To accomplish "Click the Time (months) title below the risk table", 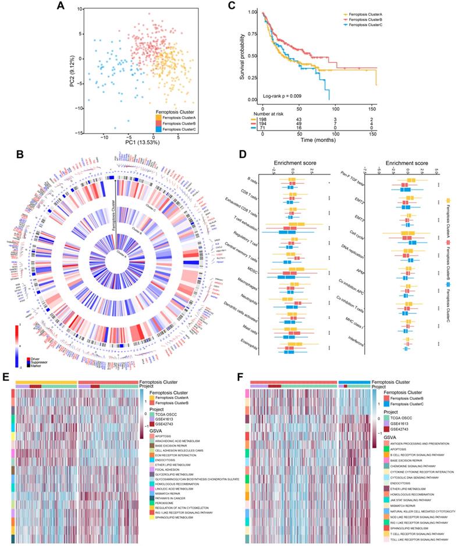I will [318, 141].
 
